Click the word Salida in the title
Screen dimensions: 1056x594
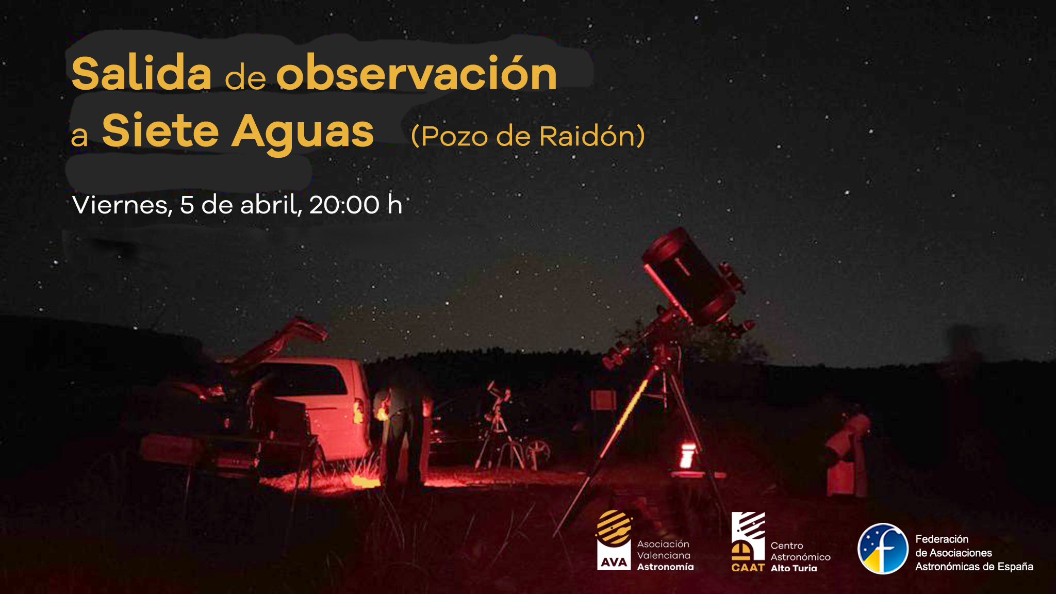142,73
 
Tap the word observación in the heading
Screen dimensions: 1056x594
417,73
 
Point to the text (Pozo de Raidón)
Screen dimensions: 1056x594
528,137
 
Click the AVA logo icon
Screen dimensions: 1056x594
614,539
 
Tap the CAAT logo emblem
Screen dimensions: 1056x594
748,541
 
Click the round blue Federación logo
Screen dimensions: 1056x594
883,549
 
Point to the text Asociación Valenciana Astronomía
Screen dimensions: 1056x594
665,555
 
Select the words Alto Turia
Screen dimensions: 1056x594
794,568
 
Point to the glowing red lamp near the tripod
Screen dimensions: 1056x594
687,456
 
